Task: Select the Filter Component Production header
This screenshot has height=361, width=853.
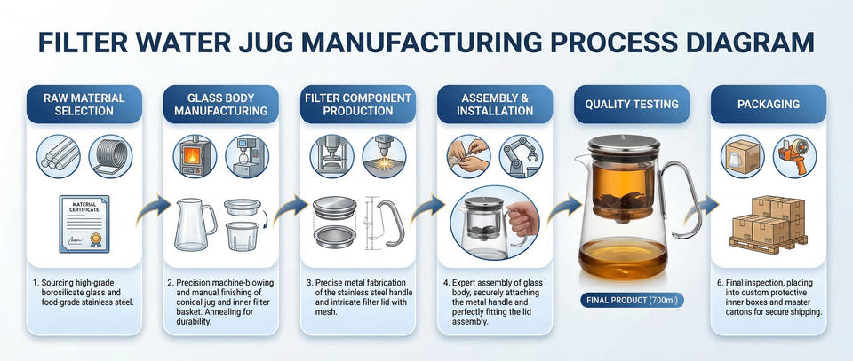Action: pyautogui.click(x=358, y=104)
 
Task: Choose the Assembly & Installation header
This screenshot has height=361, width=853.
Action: pyautogui.click(x=495, y=104)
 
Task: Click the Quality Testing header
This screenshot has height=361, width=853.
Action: pyautogui.click(x=631, y=104)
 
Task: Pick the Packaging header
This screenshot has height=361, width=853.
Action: pyautogui.click(x=768, y=104)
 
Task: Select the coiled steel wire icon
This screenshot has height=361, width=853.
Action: pyautogui.click(x=110, y=155)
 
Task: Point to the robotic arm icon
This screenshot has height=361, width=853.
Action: pyautogui.click(x=522, y=155)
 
